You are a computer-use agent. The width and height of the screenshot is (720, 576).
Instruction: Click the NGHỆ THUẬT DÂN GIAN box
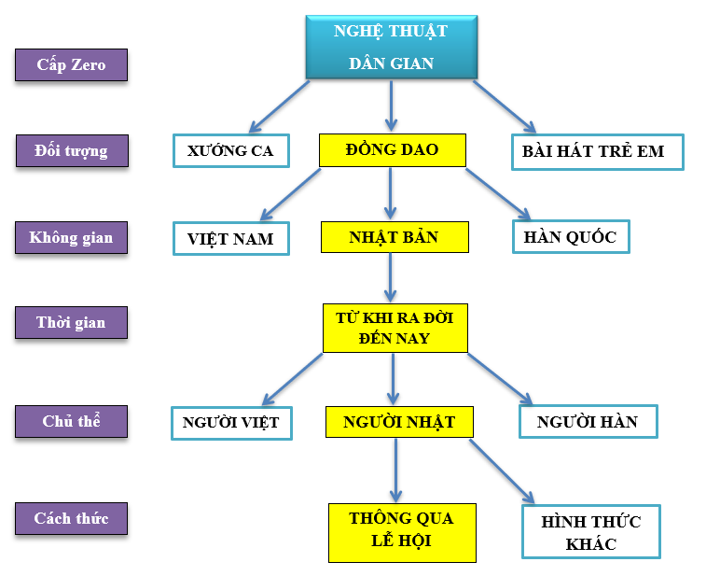pos(391,47)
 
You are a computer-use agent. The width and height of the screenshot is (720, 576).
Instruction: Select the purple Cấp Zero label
pos(71,65)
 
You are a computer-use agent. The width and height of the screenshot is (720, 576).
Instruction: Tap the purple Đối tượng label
pos(71,150)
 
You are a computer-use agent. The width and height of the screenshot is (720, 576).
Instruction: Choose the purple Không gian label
pos(71,237)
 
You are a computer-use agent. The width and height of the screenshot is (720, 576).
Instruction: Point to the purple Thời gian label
pos(71,323)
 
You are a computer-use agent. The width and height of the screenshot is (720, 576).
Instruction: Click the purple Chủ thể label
pos(71,421)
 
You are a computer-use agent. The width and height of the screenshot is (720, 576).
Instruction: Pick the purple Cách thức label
pos(71,518)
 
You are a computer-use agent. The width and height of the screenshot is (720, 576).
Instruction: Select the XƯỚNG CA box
pos(230,151)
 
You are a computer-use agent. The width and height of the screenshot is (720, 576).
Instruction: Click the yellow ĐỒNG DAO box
pos(392,149)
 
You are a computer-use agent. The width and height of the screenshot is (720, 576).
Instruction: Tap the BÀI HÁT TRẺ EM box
pos(597,151)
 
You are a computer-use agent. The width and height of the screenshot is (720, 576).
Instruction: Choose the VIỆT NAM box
pos(230,238)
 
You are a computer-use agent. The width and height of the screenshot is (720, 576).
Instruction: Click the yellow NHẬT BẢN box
pos(394,237)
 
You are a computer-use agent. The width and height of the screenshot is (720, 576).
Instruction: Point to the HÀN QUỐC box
pos(571,237)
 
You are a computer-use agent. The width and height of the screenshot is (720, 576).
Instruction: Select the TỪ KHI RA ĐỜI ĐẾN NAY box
pos(395,328)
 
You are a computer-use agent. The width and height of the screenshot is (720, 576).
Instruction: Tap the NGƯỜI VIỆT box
pos(230,423)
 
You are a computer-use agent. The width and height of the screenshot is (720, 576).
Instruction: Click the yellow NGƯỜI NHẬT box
pos(399,422)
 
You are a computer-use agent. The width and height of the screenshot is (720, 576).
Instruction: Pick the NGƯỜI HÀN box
pos(588,422)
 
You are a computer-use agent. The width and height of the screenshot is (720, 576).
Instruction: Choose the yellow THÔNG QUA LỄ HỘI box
pos(402,531)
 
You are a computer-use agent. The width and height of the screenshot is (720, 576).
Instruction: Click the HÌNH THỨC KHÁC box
pos(591,532)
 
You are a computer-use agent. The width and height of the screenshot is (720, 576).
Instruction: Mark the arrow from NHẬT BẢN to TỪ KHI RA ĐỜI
pos(391,277)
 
